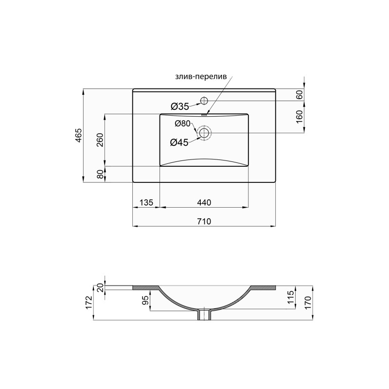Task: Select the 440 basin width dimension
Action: (x=204, y=202)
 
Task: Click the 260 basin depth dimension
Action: (x=100, y=141)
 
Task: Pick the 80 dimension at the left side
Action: (x=100, y=174)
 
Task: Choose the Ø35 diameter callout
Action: (x=179, y=106)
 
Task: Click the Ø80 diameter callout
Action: (x=183, y=124)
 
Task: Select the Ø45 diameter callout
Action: (x=179, y=142)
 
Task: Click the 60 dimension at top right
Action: (x=300, y=95)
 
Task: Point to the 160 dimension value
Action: (x=300, y=116)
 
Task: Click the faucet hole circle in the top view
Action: (x=204, y=101)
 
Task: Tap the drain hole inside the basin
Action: (x=204, y=132)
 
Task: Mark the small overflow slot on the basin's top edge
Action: (x=204, y=115)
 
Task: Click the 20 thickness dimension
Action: (x=100, y=287)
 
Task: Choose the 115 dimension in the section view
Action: (x=290, y=297)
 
